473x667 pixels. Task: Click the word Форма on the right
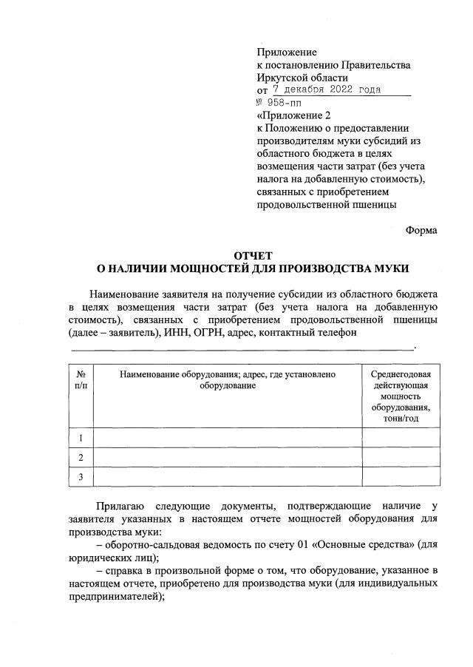click(x=421, y=230)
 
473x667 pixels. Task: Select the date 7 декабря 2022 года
click(x=327, y=90)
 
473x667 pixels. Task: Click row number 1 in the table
click(x=81, y=439)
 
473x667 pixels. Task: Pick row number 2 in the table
click(x=81, y=458)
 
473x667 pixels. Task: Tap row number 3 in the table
click(x=81, y=478)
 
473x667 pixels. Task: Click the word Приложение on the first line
click(x=287, y=53)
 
